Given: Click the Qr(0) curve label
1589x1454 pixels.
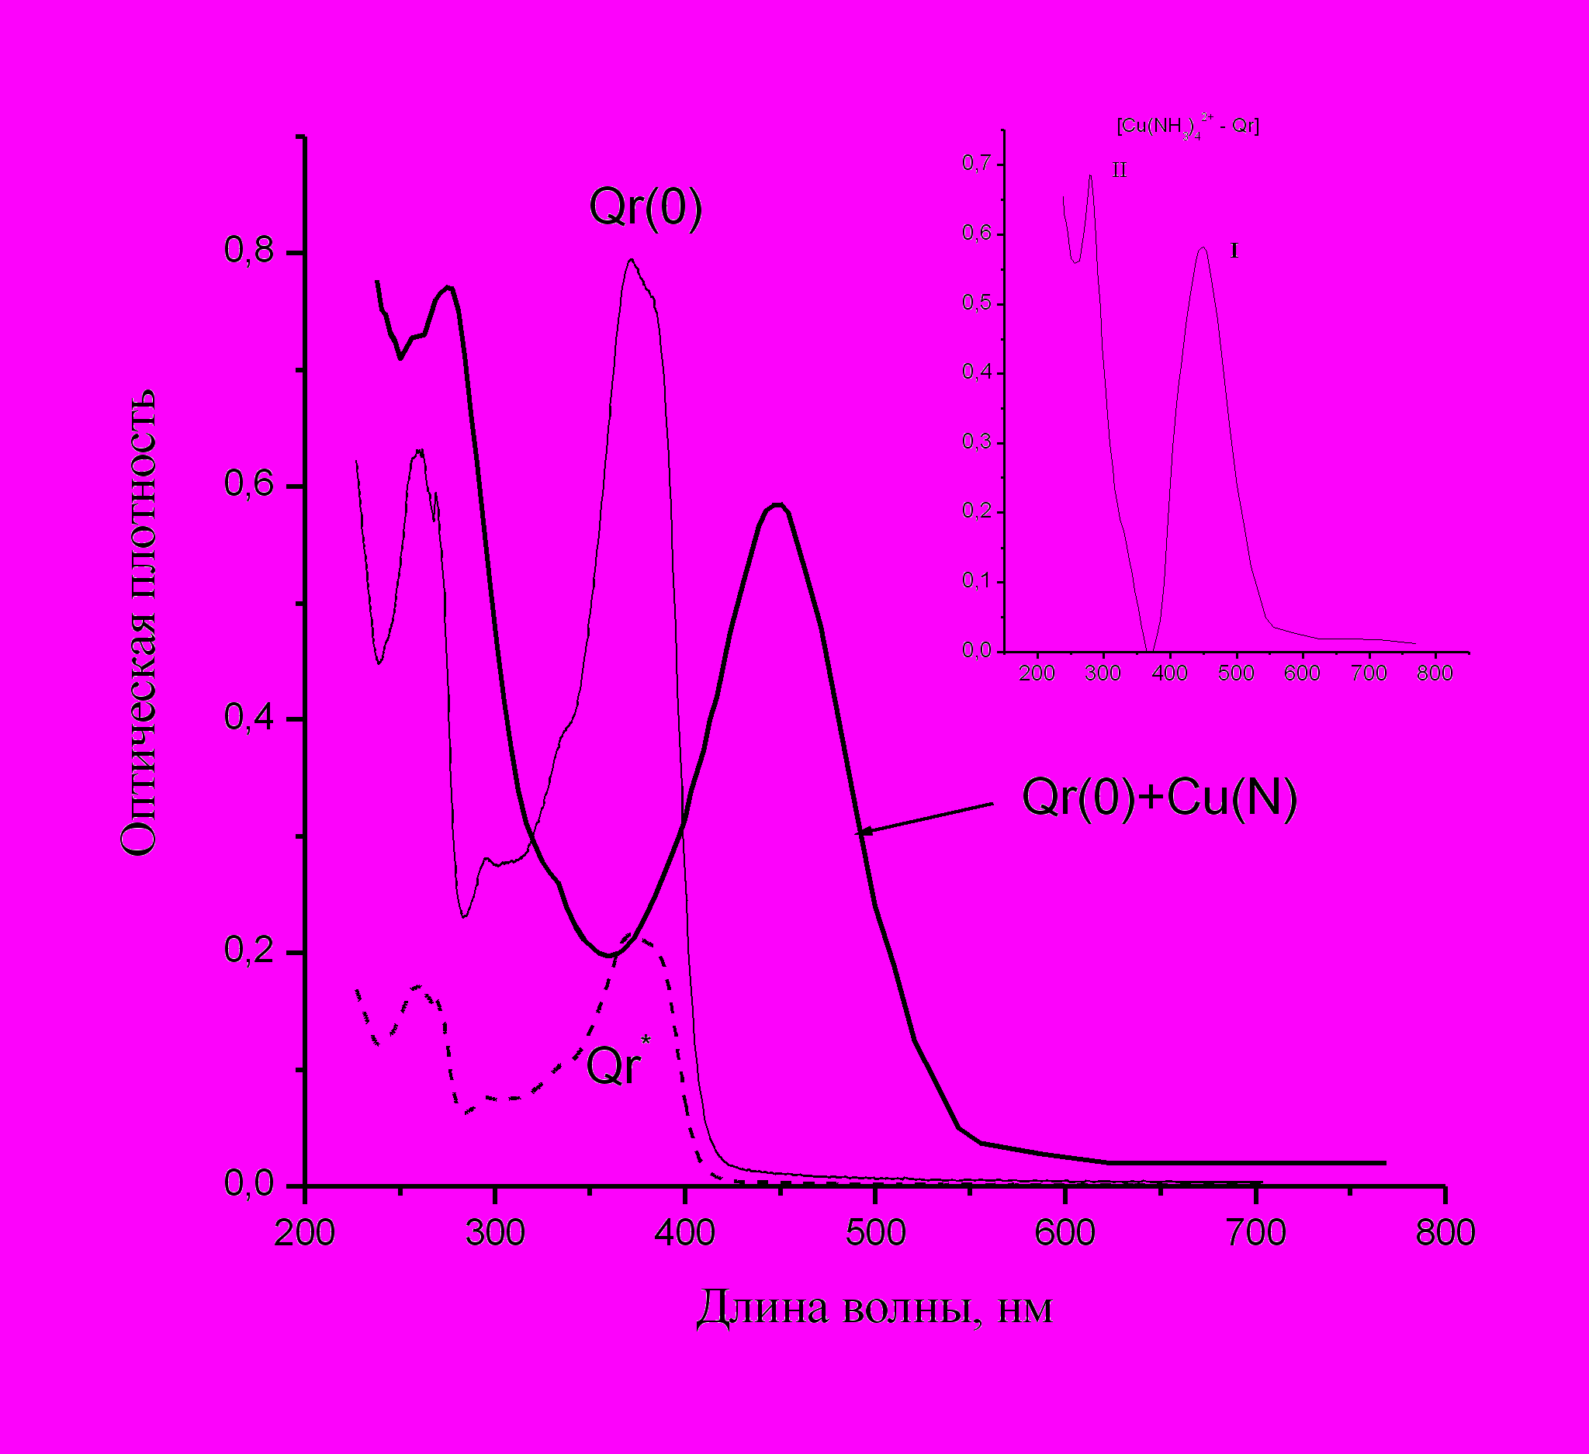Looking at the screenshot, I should (x=646, y=208).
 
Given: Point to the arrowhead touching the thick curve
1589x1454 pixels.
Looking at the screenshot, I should (x=863, y=831).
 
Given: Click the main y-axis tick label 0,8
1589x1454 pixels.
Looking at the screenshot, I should (x=249, y=250).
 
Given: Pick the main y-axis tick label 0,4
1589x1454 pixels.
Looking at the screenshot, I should (x=249, y=717).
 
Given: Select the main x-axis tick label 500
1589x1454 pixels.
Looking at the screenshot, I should (x=876, y=1233).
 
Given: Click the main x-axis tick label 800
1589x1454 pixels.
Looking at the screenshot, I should (x=1445, y=1233).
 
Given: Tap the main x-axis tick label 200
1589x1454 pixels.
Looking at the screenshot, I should (x=305, y=1233).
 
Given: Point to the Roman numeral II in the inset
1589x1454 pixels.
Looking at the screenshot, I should (x=1120, y=170).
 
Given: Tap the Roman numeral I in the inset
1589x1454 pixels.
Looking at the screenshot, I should (x=1234, y=251).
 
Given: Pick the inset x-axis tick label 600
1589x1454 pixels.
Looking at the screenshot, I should (x=1302, y=673).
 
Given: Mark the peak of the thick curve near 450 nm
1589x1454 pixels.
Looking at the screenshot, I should (x=778, y=504).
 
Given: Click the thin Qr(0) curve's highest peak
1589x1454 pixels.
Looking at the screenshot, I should (x=631, y=259).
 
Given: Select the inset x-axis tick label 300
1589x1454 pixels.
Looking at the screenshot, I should (x=1103, y=673).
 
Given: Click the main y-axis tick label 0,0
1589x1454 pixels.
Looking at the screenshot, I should (x=249, y=1184).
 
